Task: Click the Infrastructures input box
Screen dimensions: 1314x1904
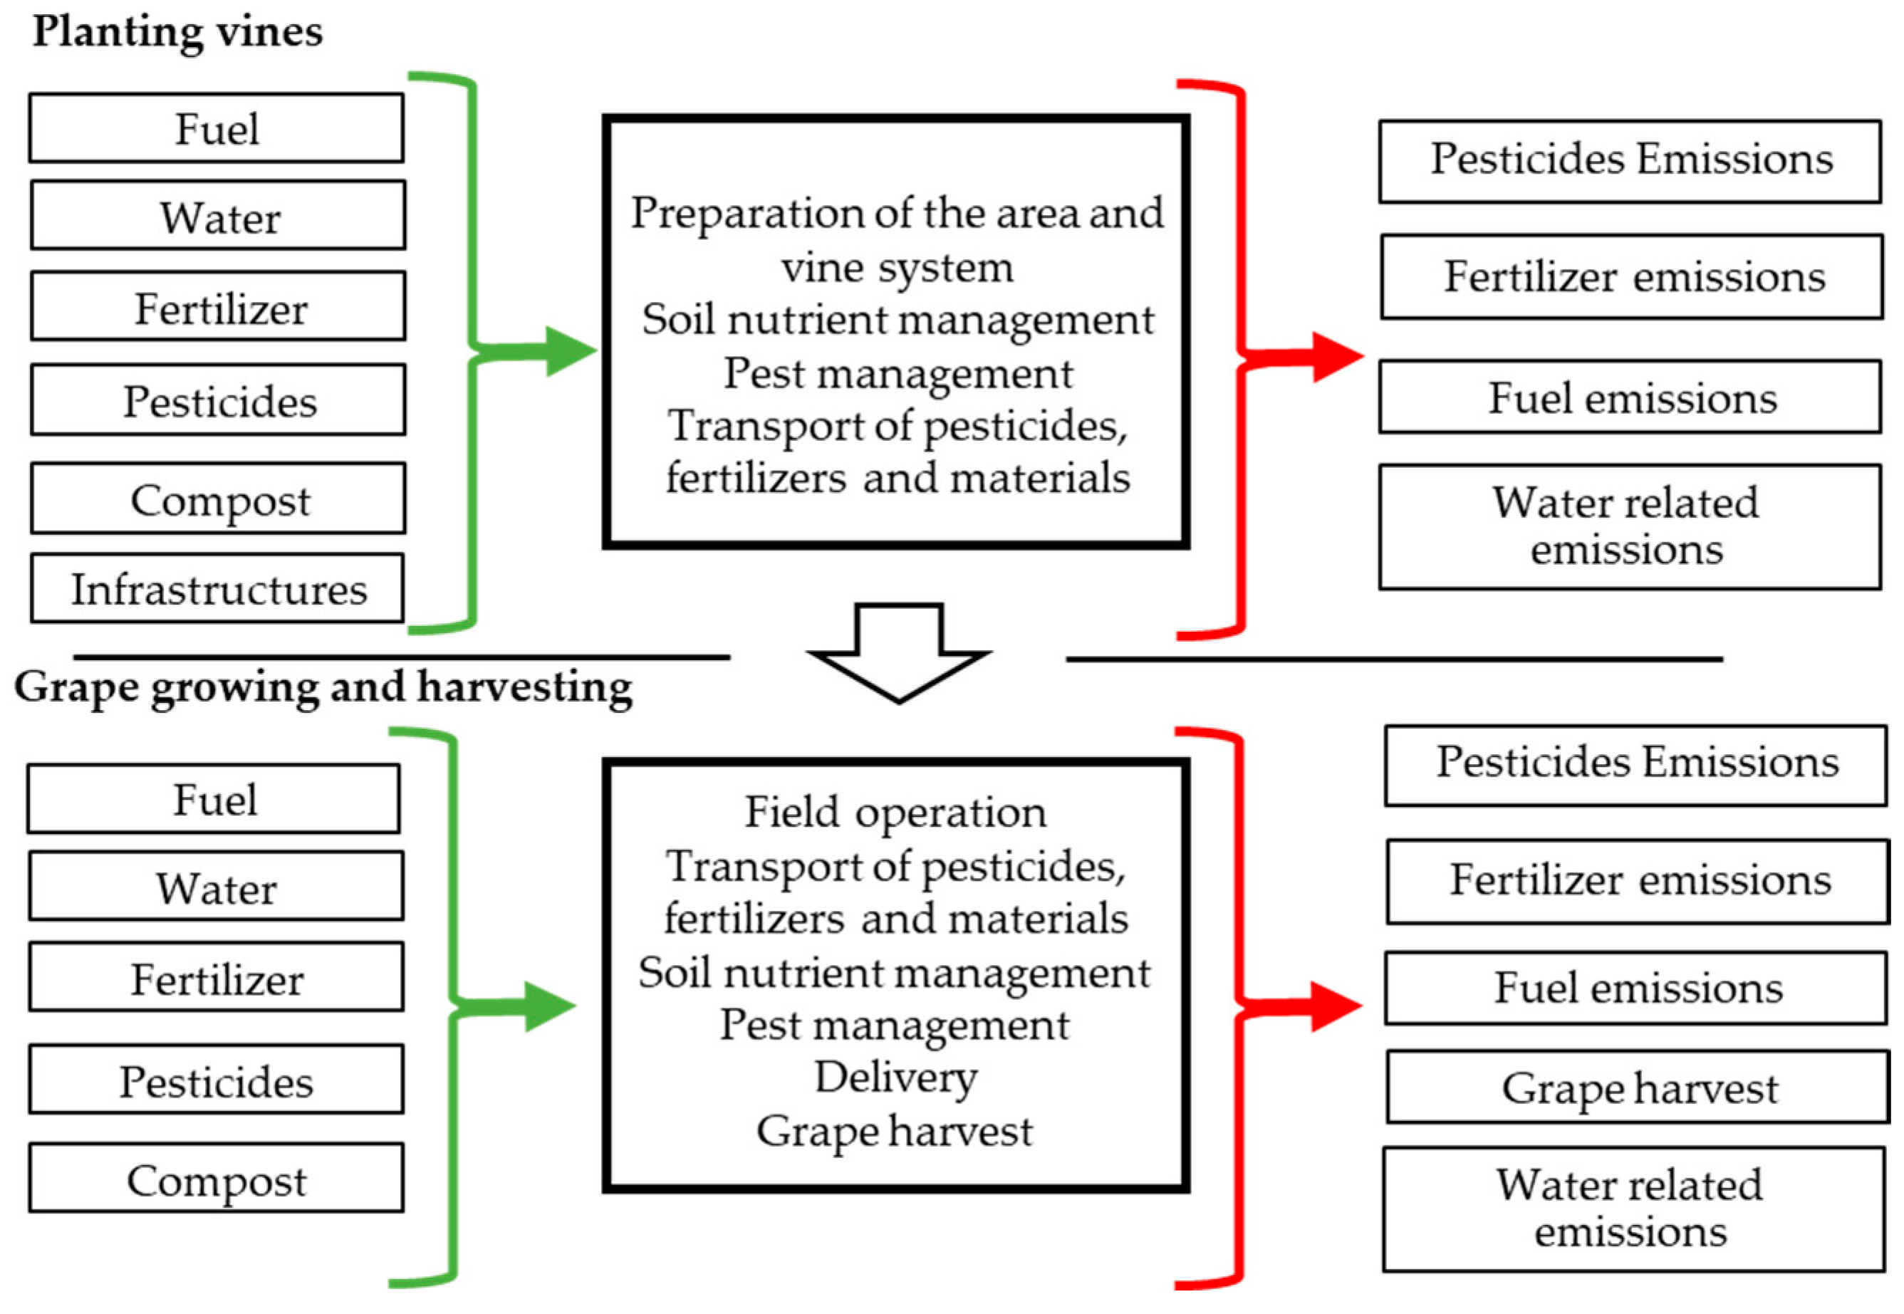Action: coord(217,589)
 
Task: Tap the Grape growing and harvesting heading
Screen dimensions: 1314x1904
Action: coord(323,687)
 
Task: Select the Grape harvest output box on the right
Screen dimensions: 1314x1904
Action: coord(1637,1088)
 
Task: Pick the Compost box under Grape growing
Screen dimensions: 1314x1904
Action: coord(216,1179)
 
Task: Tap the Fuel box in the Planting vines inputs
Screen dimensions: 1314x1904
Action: coord(217,128)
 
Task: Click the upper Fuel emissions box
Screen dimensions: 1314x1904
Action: coord(1630,397)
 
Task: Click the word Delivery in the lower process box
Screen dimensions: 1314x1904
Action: coord(895,1077)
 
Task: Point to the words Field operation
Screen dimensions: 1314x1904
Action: coord(895,812)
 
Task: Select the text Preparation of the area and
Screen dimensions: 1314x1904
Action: coord(897,213)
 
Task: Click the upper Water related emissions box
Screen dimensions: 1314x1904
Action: coord(1629,527)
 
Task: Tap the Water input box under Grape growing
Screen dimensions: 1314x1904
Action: coord(216,887)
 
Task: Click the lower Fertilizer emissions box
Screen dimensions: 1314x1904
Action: coord(1637,881)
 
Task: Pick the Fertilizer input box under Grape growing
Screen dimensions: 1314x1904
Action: coord(216,978)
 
